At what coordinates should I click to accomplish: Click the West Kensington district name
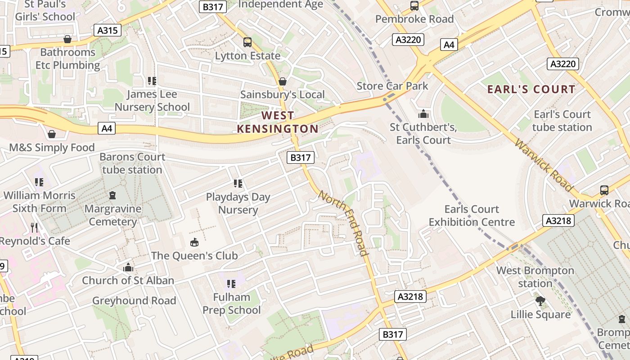coord(278,122)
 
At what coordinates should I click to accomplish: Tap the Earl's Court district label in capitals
coord(531,89)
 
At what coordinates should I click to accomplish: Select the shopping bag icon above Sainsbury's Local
coord(283,81)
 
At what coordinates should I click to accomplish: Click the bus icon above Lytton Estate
coord(247,42)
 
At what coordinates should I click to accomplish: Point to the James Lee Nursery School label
coord(152,101)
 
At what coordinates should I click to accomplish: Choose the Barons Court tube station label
coord(132,163)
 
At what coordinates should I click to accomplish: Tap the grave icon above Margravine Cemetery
coord(112,195)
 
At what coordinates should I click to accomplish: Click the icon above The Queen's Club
coord(194,243)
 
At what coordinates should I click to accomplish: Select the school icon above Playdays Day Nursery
coord(238,183)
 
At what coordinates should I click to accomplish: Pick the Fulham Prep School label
coord(231,304)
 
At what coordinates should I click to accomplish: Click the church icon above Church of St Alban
coord(128,268)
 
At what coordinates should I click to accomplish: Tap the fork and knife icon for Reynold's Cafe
coord(34,228)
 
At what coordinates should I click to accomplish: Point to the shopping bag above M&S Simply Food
coord(52,134)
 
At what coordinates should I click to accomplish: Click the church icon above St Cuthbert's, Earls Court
coord(423,113)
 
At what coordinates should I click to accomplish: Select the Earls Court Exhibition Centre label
coord(472,216)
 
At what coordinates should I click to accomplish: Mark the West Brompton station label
coord(535,277)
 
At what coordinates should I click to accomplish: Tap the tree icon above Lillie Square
coord(540,301)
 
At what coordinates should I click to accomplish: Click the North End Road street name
coord(344,223)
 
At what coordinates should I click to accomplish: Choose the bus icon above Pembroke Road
coord(414,6)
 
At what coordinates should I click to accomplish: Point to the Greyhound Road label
coord(134,301)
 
